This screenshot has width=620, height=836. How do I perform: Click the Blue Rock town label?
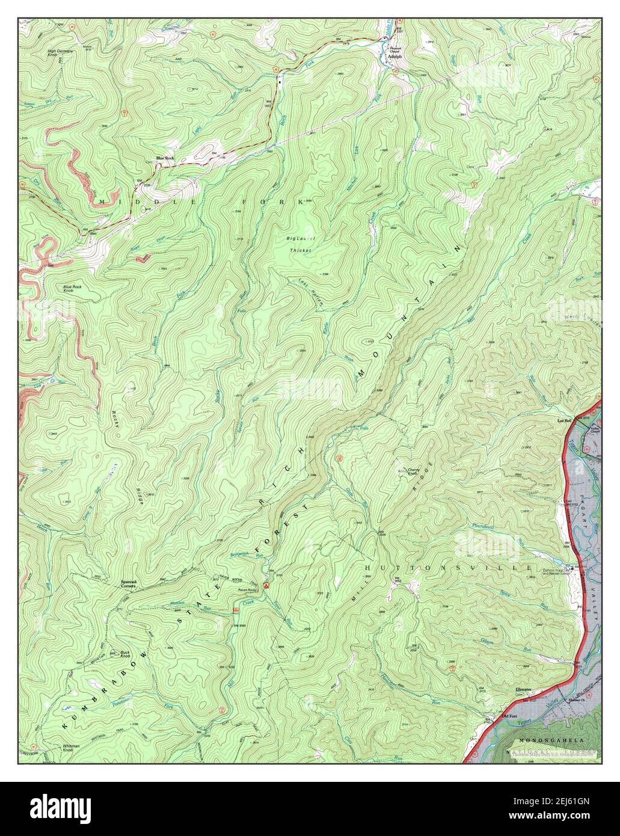pyautogui.click(x=165, y=158)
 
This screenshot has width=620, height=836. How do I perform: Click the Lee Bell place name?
pyautogui.click(x=563, y=421)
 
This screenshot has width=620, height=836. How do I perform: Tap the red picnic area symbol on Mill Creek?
pyautogui.click(x=236, y=610)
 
